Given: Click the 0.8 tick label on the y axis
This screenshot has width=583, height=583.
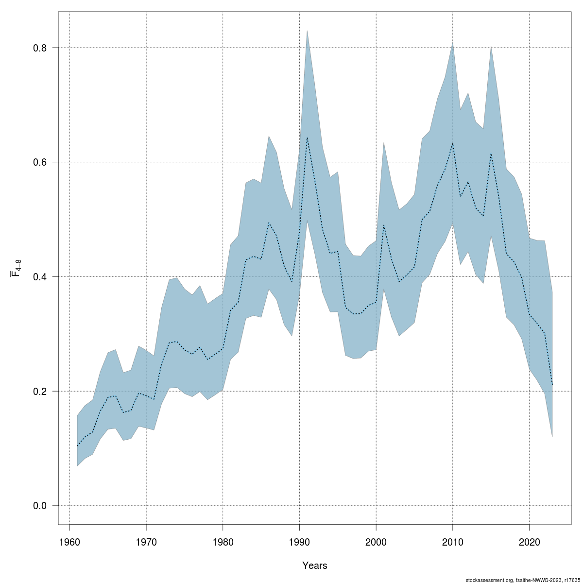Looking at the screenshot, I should click(39, 48).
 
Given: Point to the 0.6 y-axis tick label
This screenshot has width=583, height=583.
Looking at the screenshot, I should click(39, 162).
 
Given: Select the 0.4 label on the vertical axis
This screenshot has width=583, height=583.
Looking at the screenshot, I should click(39, 277).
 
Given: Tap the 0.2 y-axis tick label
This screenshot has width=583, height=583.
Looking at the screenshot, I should click(39, 391).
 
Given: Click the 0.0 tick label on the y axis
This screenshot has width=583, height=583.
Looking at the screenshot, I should click(39, 506).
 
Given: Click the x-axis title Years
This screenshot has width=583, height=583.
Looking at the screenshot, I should click(314, 566).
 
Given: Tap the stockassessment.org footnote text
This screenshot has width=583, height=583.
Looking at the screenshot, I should click(523, 580).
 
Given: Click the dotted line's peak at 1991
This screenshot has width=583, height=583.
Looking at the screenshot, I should click(307, 137).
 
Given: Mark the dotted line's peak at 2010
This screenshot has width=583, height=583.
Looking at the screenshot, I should click(452, 143).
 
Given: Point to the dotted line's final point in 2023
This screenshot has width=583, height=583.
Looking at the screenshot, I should click(552, 385).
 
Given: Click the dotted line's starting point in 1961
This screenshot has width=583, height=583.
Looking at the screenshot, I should click(77, 446).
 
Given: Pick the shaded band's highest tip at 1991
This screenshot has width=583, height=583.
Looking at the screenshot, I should click(307, 31).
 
